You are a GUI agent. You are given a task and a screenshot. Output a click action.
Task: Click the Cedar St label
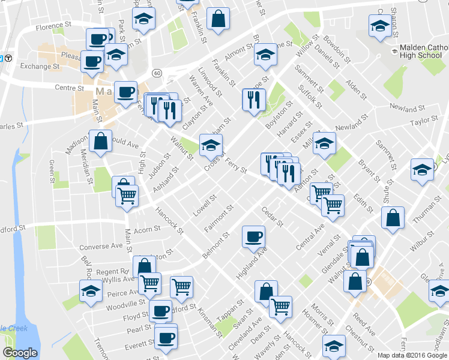273,217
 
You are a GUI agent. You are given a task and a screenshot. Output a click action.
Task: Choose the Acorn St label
148,229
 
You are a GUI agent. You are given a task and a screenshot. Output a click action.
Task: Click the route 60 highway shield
157,73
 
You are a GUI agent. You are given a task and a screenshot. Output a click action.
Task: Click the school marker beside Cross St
210,144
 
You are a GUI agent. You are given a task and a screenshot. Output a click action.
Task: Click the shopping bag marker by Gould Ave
100,142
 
